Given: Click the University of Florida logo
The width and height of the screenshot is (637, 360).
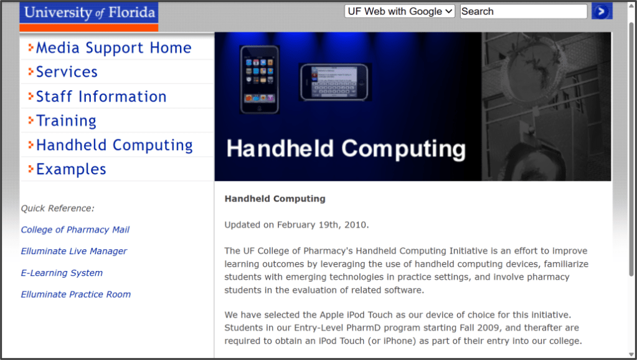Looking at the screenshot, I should [x=88, y=12].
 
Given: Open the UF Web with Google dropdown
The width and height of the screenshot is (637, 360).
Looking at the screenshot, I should [x=400, y=11].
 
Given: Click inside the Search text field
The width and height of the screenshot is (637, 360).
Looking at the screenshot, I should [x=523, y=11].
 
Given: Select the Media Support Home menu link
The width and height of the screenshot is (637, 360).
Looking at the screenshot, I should [x=113, y=48].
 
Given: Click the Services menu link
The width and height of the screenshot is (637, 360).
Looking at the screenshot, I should [x=67, y=72].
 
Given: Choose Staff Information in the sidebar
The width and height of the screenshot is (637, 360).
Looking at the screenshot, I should [x=101, y=97].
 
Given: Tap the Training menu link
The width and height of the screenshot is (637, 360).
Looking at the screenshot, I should [x=66, y=121].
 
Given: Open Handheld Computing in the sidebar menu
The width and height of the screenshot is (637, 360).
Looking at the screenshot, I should [x=114, y=145].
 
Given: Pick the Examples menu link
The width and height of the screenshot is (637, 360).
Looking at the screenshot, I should [x=71, y=169].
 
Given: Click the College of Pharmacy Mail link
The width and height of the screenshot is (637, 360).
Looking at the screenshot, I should [x=75, y=230].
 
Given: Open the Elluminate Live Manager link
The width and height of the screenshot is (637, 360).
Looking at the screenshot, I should [x=74, y=251].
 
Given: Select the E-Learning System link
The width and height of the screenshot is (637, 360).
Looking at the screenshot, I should [x=62, y=273].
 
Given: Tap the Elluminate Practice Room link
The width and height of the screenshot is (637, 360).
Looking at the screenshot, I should [x=76, y=295].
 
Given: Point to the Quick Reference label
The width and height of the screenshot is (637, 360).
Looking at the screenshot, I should [x=58, y=209].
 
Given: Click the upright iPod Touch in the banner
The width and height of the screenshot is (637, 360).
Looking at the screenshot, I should [x=259, y=79].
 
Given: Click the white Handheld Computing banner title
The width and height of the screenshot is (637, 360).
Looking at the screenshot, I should [x=346, y=149].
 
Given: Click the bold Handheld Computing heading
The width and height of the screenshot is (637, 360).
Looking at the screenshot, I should [x=275, y=199].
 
